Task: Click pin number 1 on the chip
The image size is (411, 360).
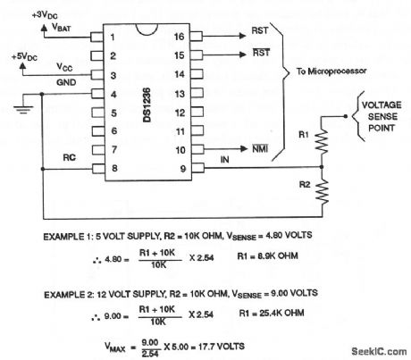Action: pos(113,38)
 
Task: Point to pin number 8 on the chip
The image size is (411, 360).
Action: pos(113,167)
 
